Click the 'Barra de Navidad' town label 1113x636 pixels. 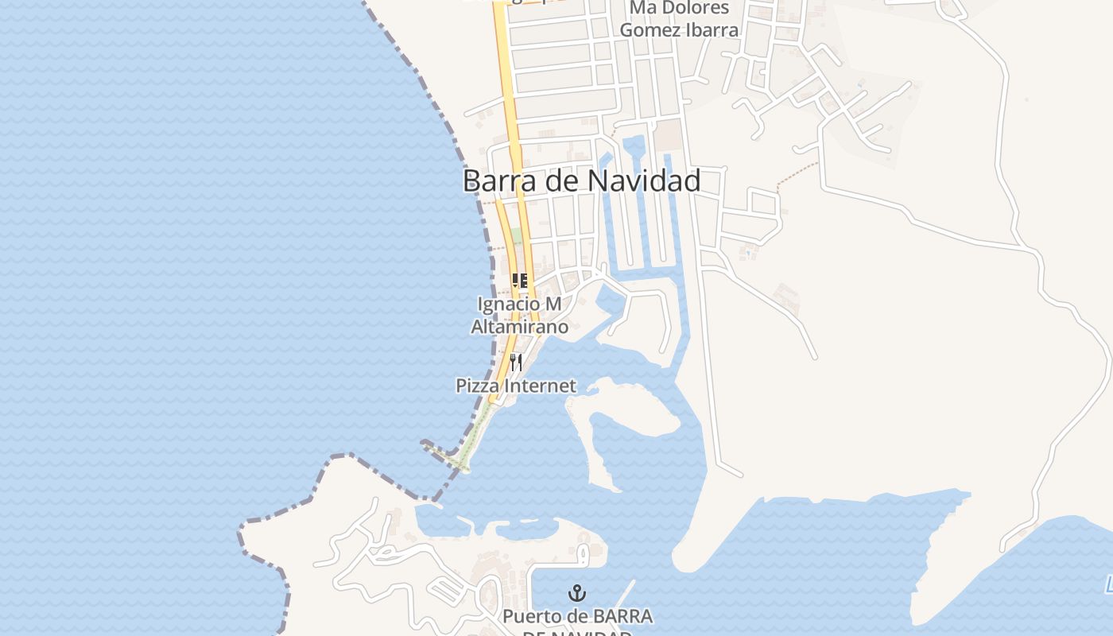click(x=581, y=180)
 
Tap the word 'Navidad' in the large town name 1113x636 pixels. click(x=644, y=180)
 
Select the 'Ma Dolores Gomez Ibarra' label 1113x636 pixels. click(x=679, y=19)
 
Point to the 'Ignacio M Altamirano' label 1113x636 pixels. click(x=519, y=316)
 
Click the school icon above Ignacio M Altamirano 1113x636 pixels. click(x=520, y=280)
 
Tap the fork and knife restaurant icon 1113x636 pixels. click(x=516, y=363)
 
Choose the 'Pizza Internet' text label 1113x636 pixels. click(x=516, y=386)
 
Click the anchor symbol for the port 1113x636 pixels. click(x=577, y=593)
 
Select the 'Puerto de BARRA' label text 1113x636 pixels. click(x=577, y=617)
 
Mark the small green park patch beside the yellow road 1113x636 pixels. click(x=517, y=236)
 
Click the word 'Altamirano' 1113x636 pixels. click(x=519, y=327)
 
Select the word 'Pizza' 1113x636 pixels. click(x=474, y=386)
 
